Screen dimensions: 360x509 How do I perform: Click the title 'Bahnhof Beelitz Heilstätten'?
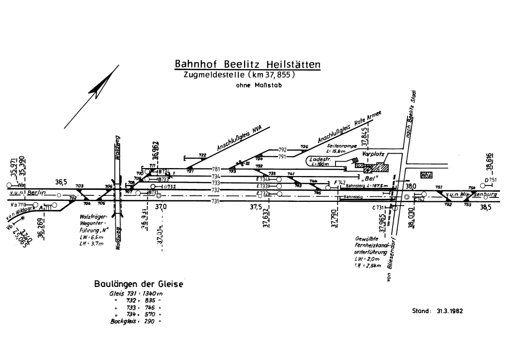(248, 65)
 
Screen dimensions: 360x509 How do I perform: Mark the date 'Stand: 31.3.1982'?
(437, 311)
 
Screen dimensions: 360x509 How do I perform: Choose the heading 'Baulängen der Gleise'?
(139, 284)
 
